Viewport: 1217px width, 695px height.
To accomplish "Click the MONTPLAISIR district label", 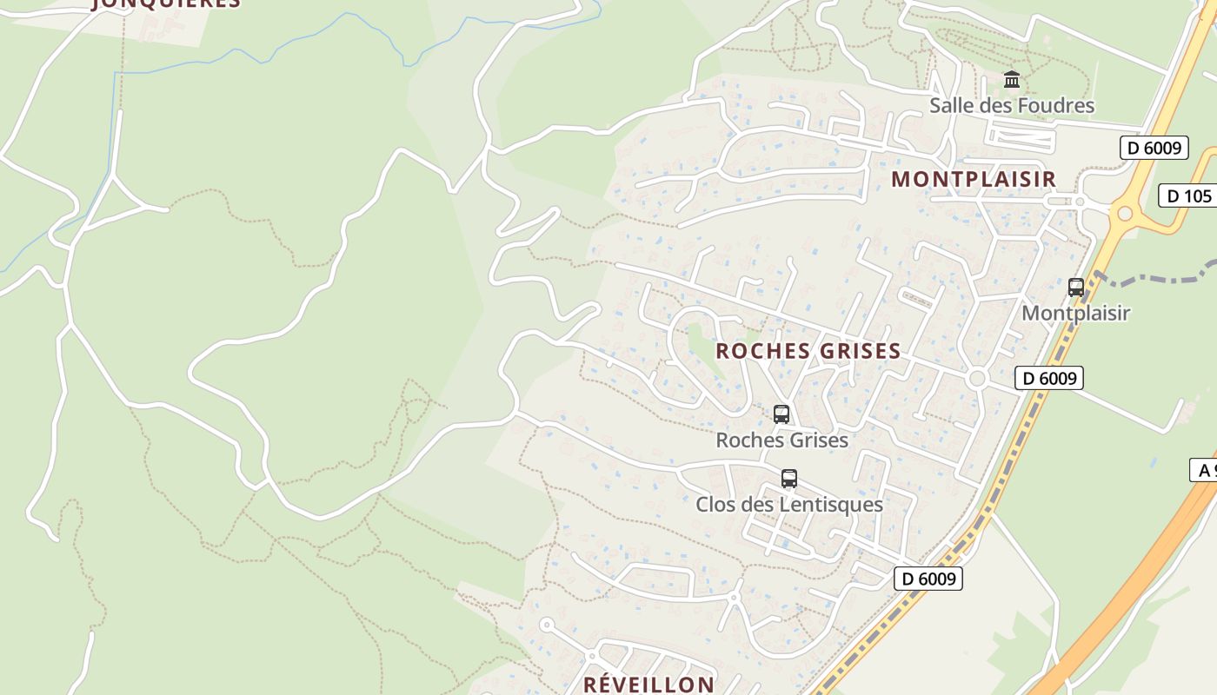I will click(x=974, y=179).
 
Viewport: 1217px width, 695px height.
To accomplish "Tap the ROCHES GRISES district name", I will click(x=808, y=351).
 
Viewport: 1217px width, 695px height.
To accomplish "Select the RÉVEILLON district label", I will click(x=648, y=684).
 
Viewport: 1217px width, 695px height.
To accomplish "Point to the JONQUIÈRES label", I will click(x=165, y=3).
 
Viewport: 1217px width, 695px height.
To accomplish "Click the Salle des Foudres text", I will click(x=1012, y=106).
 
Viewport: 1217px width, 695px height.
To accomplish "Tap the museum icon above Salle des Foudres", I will click(x=1012, y=80).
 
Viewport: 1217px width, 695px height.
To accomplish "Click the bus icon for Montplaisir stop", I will click(x=1076, y=288).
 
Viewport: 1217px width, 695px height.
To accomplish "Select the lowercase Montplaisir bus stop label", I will click(x=1075, y=313).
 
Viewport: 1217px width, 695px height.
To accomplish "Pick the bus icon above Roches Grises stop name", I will click(x=781, y=414).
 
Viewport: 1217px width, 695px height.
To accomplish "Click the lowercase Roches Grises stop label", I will click(x=781, y=440).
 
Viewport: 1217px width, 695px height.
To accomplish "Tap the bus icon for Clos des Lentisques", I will click(x=789, y=479).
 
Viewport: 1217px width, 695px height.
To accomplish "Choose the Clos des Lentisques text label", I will click(x=789, y=505).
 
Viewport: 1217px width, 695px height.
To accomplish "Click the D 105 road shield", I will click(x=1188, y=195).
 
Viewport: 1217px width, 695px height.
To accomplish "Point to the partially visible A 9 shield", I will click(x=1204, y=470).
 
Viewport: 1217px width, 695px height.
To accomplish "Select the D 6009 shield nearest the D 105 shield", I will click(x=1154, y=148).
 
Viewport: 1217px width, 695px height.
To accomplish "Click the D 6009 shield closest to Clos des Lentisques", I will click(x=928, y=579).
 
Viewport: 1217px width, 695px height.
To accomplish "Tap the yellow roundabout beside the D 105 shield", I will click(x=1125, y=213).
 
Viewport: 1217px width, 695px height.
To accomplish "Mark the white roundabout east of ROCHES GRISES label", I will click(x=977, y=379).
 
